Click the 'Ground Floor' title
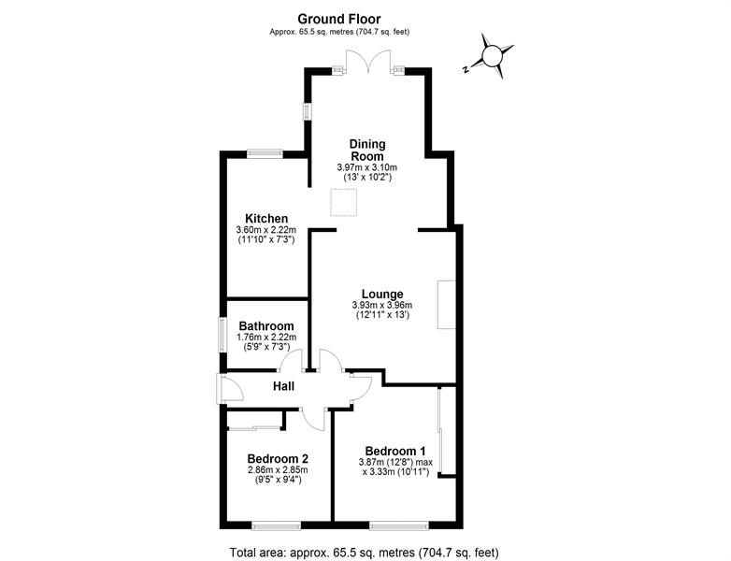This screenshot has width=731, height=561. pos(339,19)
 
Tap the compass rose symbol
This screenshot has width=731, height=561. pos(492,56)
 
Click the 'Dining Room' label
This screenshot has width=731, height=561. pos(367,151)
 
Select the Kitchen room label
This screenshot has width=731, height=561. pos(266,219)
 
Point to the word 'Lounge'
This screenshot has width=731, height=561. pos(382,295)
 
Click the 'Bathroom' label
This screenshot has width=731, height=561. pos(266,326)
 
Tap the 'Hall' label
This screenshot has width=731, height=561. pos(283,386)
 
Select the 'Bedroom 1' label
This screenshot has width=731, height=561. pos(395,451)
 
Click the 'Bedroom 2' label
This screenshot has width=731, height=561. pos(278,458)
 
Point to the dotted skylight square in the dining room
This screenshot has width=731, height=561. pos(344,202)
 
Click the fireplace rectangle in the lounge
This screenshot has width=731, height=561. pos(446,305)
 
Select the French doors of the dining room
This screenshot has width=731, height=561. pos(367,62)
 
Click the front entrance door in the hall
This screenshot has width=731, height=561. pos(229,389)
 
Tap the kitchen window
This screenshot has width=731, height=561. pos(265,153)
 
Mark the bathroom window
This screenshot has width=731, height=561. pos(222,335)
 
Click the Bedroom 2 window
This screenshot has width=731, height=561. pos(276,526)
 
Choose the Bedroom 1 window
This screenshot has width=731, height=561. pos(399,526)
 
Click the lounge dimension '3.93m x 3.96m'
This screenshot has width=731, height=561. pos(382,306)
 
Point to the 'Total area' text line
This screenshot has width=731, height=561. pos(365,554)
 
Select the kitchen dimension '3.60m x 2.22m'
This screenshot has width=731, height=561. pos(266,230)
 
